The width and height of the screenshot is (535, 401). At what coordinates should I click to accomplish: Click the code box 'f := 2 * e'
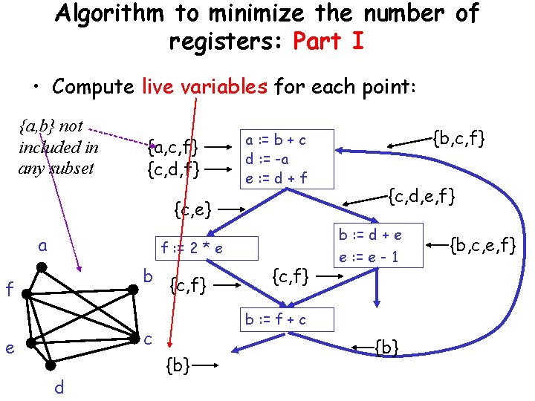pos(192,248)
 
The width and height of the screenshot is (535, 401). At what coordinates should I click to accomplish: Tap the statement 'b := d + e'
pos(369,235)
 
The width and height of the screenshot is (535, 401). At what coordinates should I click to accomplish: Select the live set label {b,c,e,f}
pos(479,243)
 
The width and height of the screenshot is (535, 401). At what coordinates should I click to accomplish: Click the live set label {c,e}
pos(192,209)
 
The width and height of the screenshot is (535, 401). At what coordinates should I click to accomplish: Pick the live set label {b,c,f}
pos(458,137)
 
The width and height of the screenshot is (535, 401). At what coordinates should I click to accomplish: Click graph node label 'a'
pos(44,245)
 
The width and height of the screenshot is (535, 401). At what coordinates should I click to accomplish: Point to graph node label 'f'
pos(9,288)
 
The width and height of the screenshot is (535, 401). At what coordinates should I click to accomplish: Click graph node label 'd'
pos(59,387)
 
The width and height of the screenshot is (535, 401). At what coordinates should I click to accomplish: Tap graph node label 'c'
pos(148,339)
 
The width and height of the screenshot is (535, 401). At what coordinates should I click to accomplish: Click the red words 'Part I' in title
pos(328,42)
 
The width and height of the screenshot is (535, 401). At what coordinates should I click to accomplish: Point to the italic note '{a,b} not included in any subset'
pos(58,147)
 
